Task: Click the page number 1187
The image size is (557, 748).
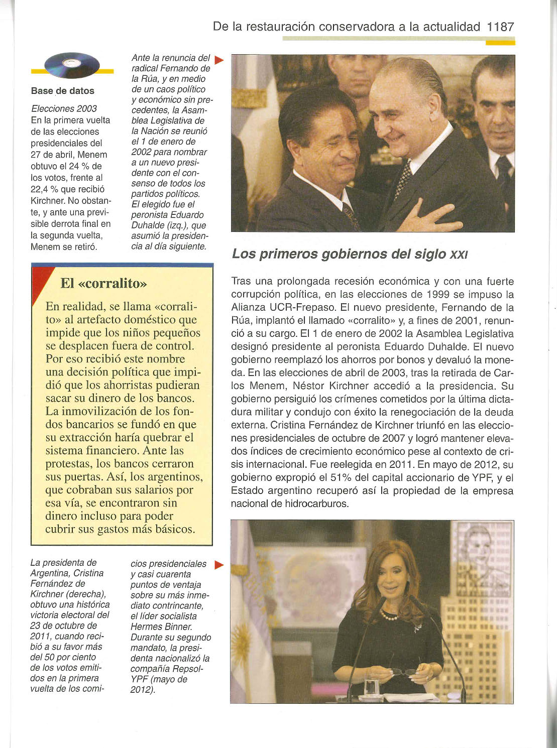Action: click(x=500, y=26)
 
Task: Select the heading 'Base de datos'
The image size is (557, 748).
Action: click(x=62, y=91)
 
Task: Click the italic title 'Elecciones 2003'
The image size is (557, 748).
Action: click(x=64, y=108)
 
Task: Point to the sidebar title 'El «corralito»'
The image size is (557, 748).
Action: click(x=103, y=283)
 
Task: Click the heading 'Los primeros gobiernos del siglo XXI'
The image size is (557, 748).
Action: click(x=350, y=254)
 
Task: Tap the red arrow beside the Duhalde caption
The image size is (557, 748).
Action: click(x=218, y=60)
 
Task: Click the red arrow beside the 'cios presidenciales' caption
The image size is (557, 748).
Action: click(x=218, y=565)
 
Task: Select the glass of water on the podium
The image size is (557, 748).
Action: click(x=372, y=686)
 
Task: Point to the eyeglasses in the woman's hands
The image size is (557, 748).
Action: click(x=404, y=671)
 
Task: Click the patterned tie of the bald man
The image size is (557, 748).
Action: click(x=403, y=179)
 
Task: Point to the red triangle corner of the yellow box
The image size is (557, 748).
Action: click(x=39, y=279)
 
